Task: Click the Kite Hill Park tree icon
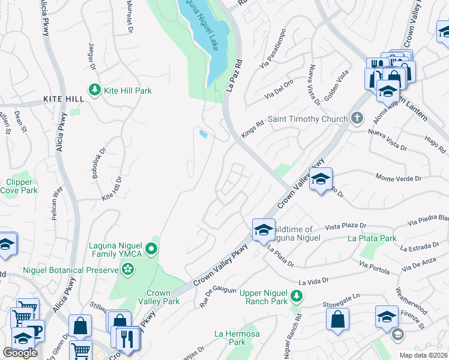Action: (94, 90)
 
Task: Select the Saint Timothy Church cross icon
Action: (357, 118)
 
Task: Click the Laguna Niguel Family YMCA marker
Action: (152, 248)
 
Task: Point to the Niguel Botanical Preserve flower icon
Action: (127, 271)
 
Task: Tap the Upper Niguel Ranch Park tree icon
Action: (296, 296)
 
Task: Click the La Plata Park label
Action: (372, 238)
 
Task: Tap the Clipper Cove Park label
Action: (22, 186)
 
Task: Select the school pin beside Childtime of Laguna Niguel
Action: (263, 229)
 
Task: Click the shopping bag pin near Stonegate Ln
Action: (338, 319)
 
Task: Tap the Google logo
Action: (20, 353)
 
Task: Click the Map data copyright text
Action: (423, 355)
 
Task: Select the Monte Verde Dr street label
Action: (399, 178)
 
